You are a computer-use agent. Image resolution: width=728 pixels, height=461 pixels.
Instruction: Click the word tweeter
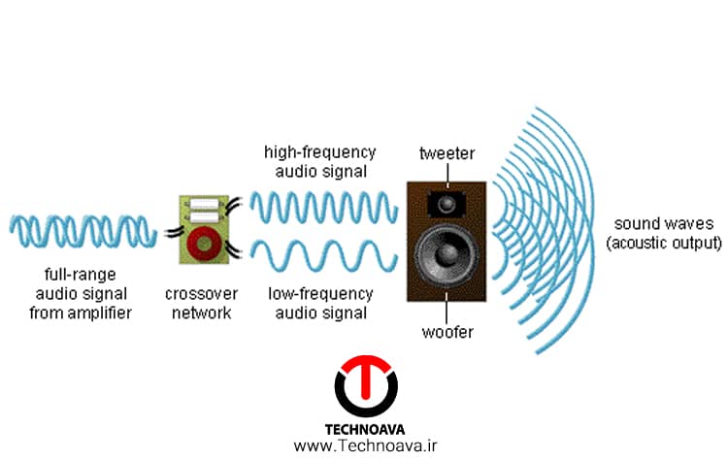pos(447,153)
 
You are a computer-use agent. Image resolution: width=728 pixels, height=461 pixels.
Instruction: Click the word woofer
pos(447,332)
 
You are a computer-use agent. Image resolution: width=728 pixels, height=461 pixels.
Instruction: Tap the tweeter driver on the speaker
pos(447,204)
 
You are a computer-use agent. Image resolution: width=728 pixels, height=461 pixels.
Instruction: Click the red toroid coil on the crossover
pos(205,244)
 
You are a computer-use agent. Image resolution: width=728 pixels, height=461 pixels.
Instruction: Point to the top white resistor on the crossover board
pos(204,204)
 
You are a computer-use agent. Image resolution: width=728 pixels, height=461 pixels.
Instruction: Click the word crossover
pos(202,294)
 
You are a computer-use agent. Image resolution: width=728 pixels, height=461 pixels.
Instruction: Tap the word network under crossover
pos(202,313)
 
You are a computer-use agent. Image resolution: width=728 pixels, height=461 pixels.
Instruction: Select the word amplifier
pos(99,313)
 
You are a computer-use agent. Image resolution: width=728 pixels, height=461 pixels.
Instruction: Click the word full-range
pos(81,275)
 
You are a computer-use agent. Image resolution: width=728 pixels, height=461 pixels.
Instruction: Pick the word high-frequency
pos(320,152)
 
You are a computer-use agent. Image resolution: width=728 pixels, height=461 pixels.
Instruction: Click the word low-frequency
pos(321,294)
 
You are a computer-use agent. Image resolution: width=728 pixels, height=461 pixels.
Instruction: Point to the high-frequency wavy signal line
pos(324,207)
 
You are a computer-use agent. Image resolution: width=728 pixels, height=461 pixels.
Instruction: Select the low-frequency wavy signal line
pos(324,255)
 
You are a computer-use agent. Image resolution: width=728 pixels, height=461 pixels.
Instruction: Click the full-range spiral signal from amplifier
pos(83,231)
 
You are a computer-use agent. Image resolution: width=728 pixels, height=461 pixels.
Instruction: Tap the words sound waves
pos(664,224)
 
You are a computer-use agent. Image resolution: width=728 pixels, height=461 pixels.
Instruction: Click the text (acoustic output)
pos(664,243)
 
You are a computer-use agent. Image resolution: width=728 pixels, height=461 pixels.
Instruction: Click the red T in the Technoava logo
pos(366,373)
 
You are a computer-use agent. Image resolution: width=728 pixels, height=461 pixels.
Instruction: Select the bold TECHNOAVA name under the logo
pos(364,429)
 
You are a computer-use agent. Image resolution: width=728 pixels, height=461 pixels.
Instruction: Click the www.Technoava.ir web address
pos(365,446)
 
